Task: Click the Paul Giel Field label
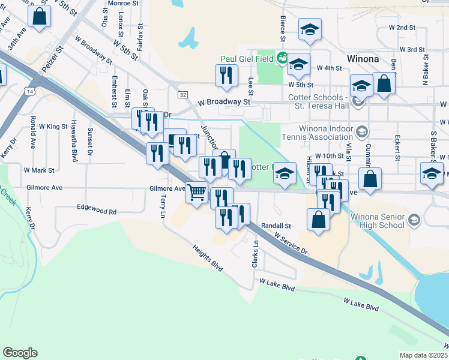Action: pyautogui.click(x=247, y=59)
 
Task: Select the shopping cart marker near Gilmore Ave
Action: pyautogui.click(x=197, y=193)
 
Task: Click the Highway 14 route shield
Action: pyautogui.click(x=29, y=91)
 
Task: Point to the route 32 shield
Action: pyautogui.click(x=182, y=95)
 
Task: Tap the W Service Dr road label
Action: pyautogui.click(x=291, y=244)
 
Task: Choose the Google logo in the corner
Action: pyautogui.click(x=20, y=353)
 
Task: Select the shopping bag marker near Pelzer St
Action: pyautogui.click(x=40, y=17)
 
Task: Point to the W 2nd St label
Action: pyautogui.click(x=402, y=28)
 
